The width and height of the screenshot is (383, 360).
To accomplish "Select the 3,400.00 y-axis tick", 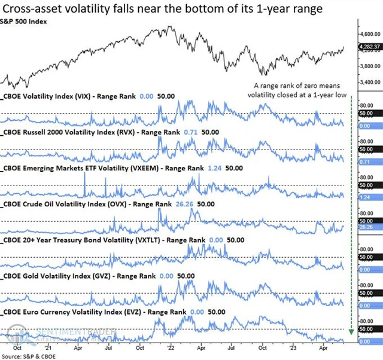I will point(368,83).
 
